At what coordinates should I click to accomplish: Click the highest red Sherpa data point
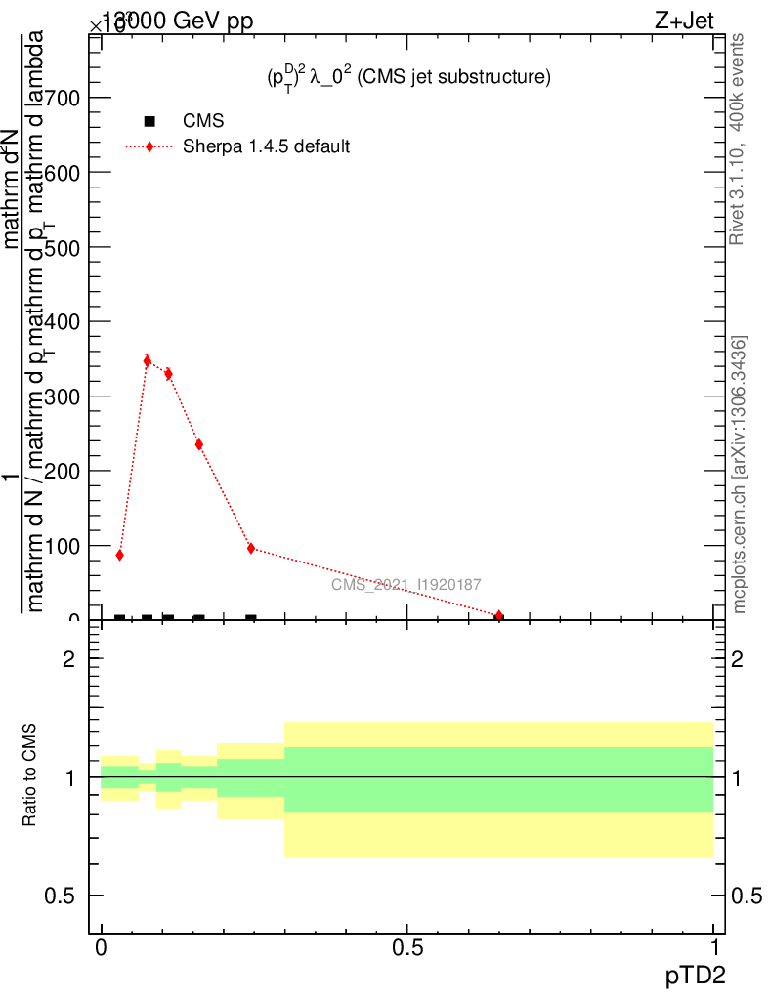[147, 361]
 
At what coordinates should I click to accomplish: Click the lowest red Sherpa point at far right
[499, 616]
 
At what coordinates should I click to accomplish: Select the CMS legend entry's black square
[149, 121]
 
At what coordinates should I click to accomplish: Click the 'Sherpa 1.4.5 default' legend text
[267, 147]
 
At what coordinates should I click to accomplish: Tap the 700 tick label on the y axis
[62, 98]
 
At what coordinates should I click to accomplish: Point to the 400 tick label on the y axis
[62, 321]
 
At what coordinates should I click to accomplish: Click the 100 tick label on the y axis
[62, 545]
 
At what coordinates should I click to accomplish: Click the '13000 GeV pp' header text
[177, 22]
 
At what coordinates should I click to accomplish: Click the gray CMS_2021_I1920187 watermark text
[405, 584]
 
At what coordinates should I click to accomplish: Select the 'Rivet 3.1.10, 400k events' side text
[739, 139]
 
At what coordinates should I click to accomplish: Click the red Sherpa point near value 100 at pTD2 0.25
[251, 549]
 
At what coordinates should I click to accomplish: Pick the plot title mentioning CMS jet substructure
[409, 77]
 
